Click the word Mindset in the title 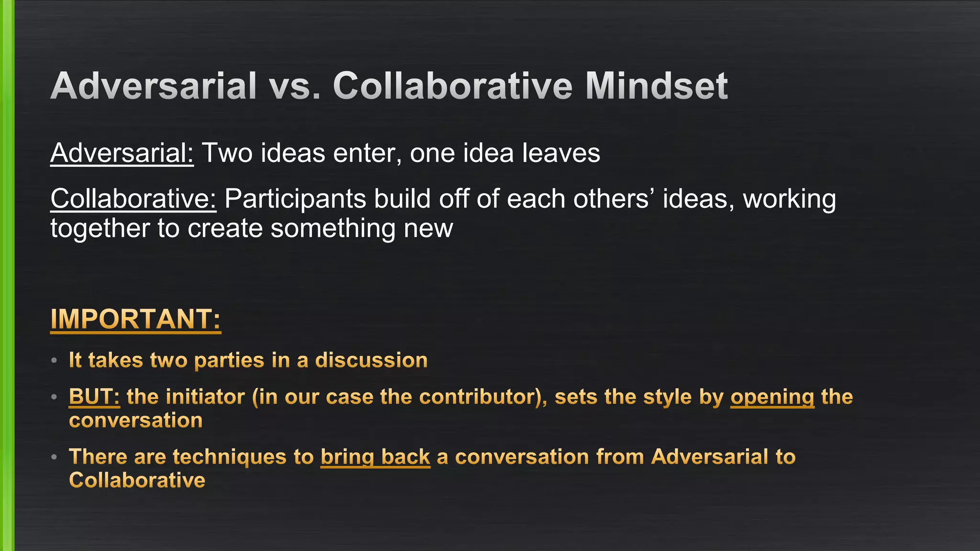(x=656, y=86)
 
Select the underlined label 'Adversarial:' (x=122, y=153)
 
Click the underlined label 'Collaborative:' (x=134, y=198)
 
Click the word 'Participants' (x=295, y=198)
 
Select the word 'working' (x=789, y=198)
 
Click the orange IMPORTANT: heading (x=135, y=319)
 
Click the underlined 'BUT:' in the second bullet (x=94, y=397)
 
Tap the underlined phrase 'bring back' (x=375, y=457)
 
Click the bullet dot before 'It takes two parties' (x=55, y=360)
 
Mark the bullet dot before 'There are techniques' (x=55, y=457)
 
